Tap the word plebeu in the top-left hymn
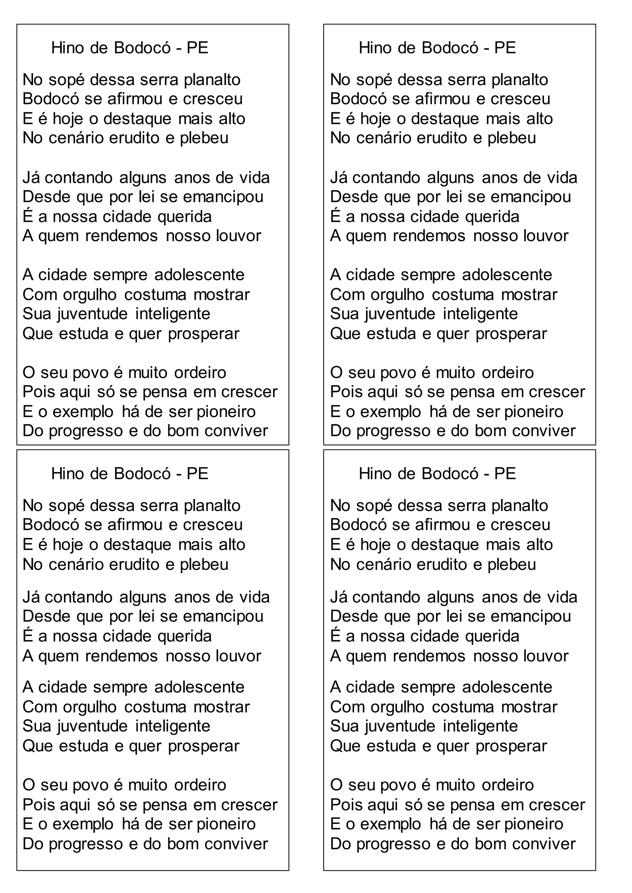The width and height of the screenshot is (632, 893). [204, 138]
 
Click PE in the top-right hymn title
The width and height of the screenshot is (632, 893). [505, 48]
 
